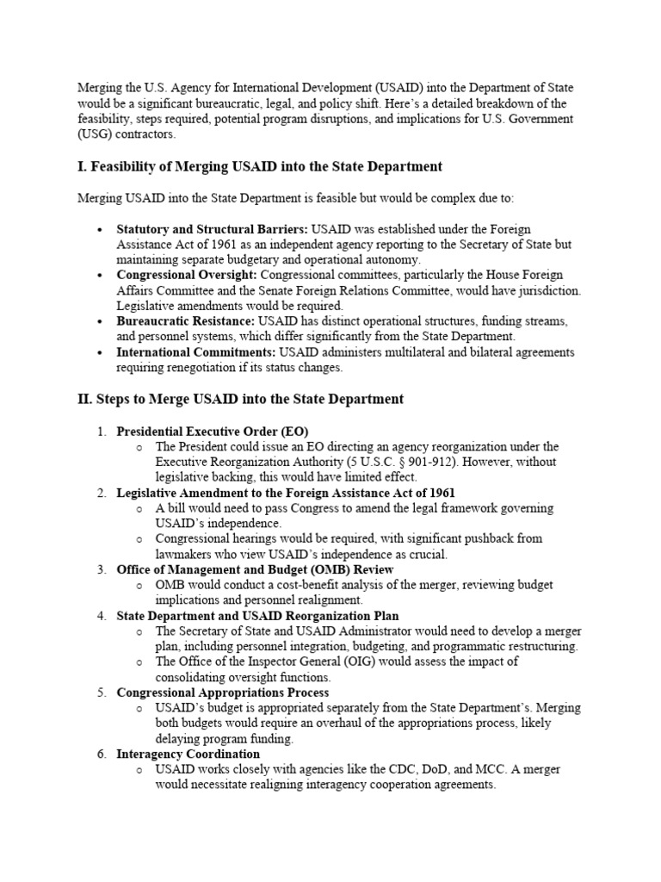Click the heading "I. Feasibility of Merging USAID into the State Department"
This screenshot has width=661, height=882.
tap(260, 166)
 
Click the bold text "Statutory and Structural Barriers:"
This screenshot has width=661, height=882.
tap(213, 229)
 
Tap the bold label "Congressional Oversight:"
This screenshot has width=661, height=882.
tap(187, 275)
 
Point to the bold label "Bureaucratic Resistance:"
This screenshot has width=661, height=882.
tap(186, 321)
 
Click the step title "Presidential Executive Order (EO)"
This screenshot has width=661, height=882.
tap(213, 431)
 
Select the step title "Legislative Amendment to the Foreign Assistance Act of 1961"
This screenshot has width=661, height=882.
tap(286, 493)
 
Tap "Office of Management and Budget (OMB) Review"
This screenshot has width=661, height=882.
tap(255, 569)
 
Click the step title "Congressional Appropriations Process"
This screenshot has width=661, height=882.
tap(223, 692)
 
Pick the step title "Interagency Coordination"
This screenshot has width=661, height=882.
tap(188, 754)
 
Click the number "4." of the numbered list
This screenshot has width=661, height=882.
tap(101, 616)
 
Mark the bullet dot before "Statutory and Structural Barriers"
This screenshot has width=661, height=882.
tap(101, 230)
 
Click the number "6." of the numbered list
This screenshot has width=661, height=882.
tap(101, 754)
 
